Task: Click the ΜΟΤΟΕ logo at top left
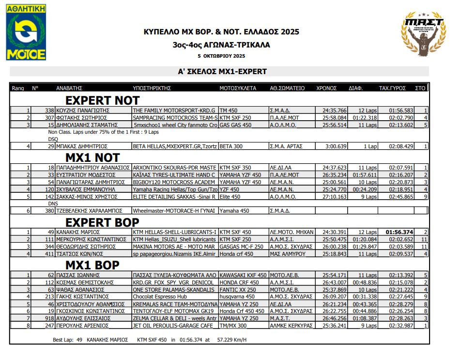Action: (x=27, y=32)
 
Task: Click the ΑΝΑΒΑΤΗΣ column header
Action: (x=69, y=89)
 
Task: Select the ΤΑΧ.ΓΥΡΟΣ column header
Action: (x=392, y=89)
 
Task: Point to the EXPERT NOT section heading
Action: (x=102, y=101)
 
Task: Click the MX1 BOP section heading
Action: (x=92, y=265)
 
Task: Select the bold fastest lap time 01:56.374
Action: (x=399, y=233)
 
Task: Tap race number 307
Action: (x=48, y=118)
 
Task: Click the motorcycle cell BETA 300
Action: (x=231, y=146)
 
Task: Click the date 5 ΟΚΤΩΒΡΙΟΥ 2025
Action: (x=221, y=56)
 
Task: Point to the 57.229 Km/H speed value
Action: (x=232, y=340)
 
